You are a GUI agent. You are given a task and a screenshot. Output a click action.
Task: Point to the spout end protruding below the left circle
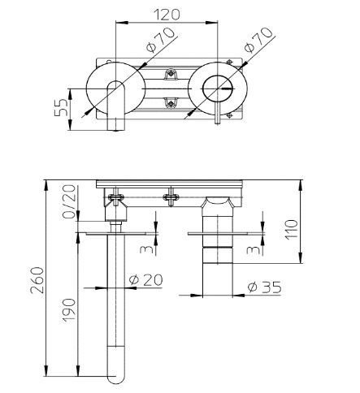point(118,122)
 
